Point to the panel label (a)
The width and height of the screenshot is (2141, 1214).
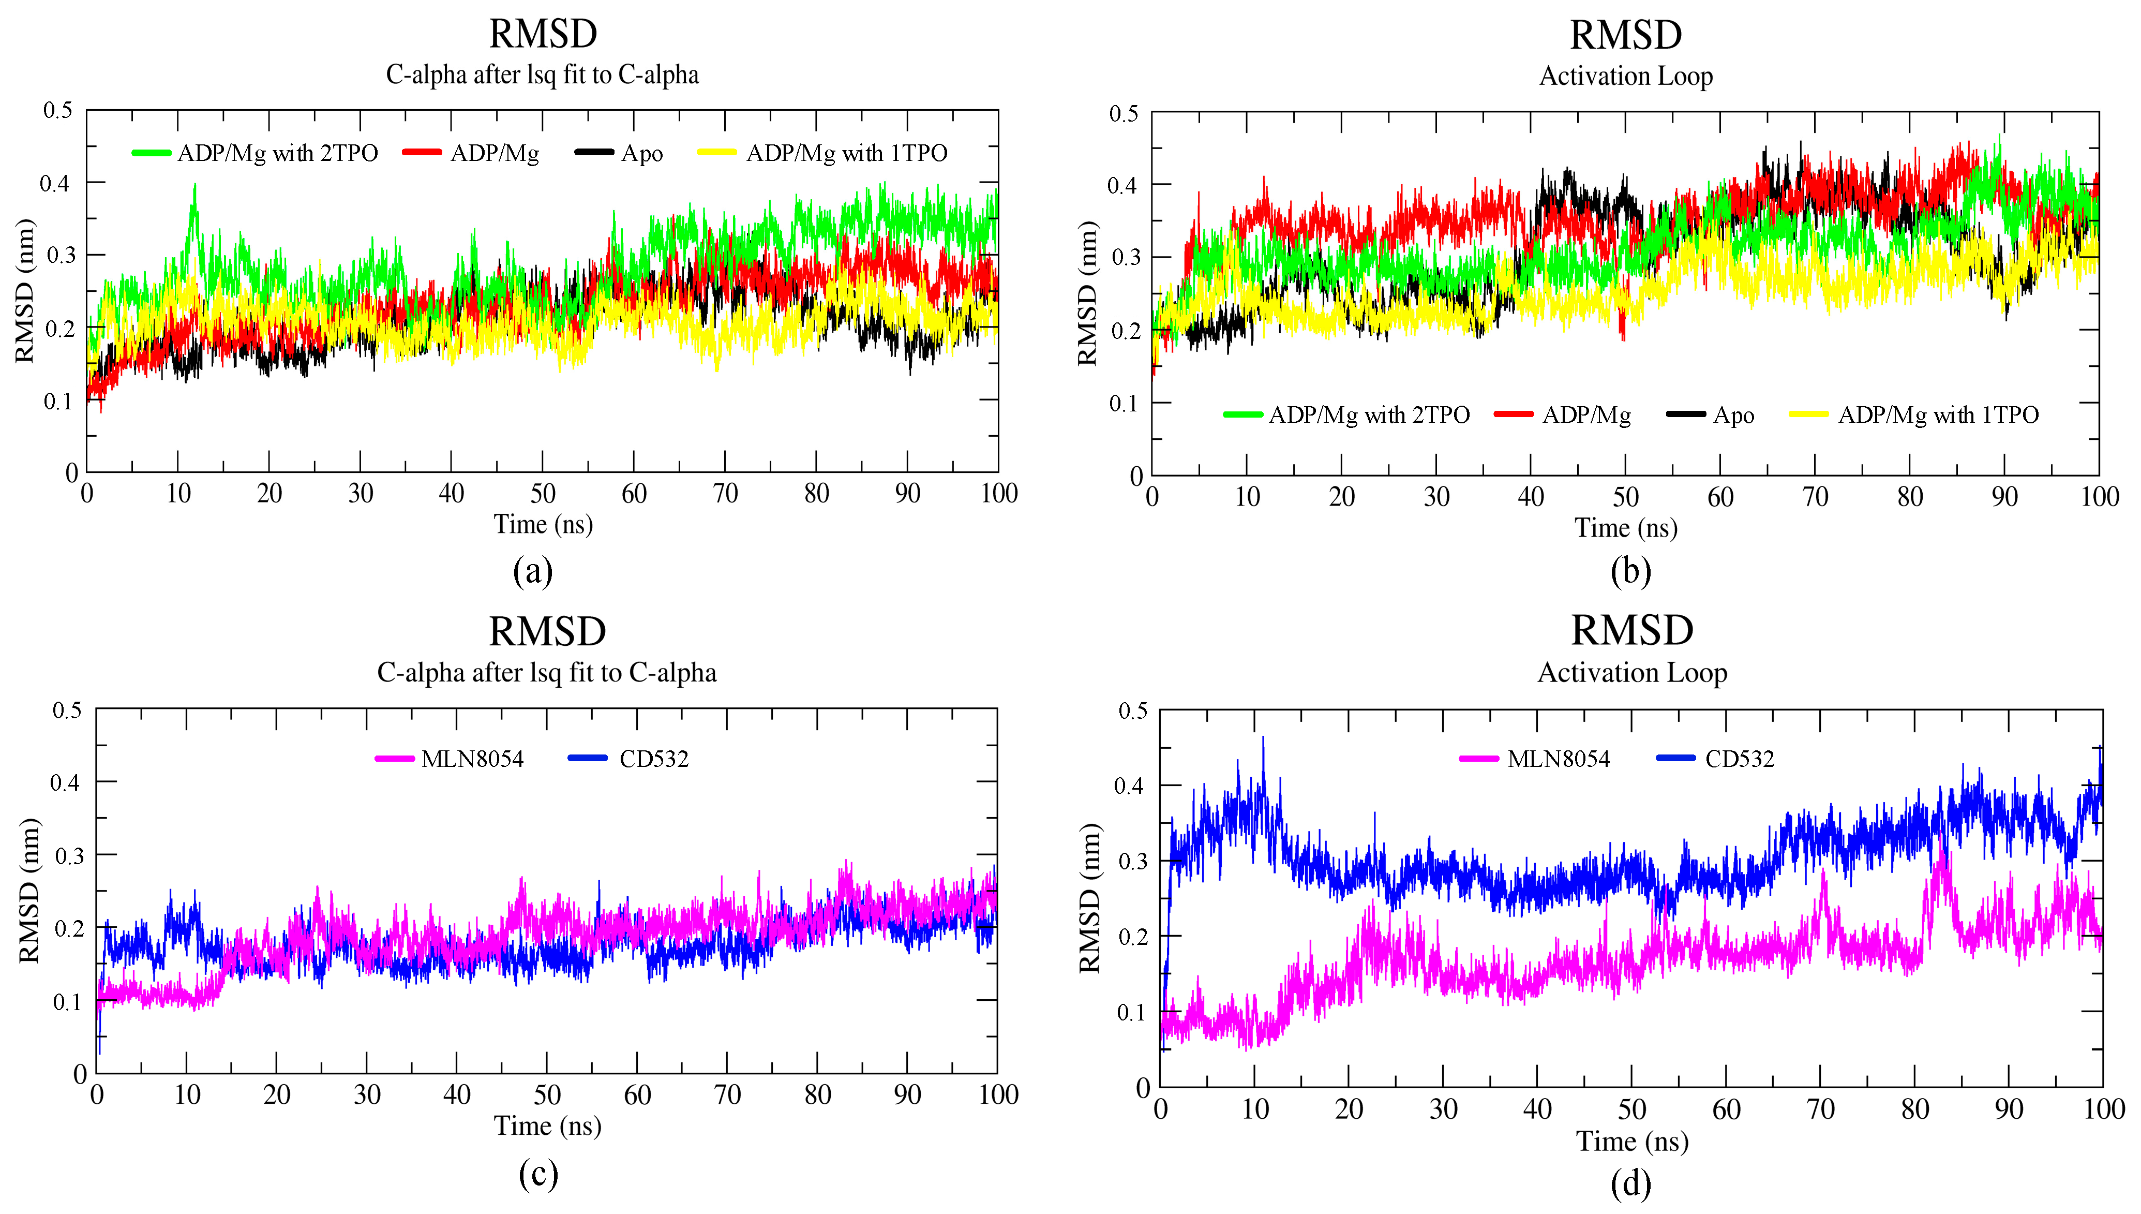pos(533,571)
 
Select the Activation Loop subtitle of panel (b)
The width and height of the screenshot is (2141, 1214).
pos(1625,76)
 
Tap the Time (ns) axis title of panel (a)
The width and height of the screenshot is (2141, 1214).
pos(543,524)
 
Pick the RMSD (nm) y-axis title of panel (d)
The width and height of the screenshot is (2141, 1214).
pos(1089,898)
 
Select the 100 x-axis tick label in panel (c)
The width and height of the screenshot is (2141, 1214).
pos(998,1095)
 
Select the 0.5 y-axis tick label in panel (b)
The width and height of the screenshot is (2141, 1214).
pos(1124,113)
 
